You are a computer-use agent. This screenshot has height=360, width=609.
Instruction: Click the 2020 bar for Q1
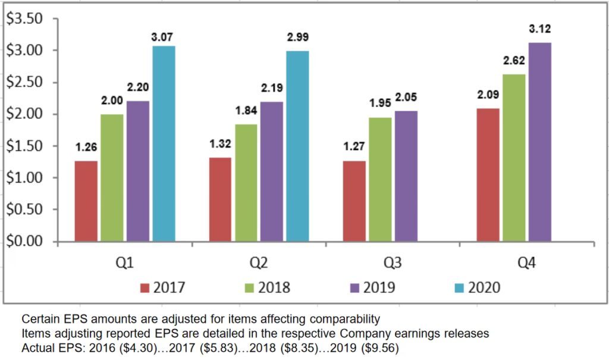[164, 143]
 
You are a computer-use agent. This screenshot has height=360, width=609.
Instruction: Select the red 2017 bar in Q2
[219, 199]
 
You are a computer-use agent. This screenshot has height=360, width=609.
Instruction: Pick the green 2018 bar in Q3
[380, 179]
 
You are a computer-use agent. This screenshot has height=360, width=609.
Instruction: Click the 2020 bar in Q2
[298, 146]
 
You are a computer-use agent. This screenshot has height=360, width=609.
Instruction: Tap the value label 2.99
[298, 38]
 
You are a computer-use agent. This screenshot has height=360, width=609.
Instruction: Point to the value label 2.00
[111, 102]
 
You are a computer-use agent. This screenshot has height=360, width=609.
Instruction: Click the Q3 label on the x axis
[393, 262]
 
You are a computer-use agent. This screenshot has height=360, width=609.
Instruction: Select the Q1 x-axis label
[124, 262]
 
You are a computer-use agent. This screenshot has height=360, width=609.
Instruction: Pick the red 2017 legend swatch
[144, 289]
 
